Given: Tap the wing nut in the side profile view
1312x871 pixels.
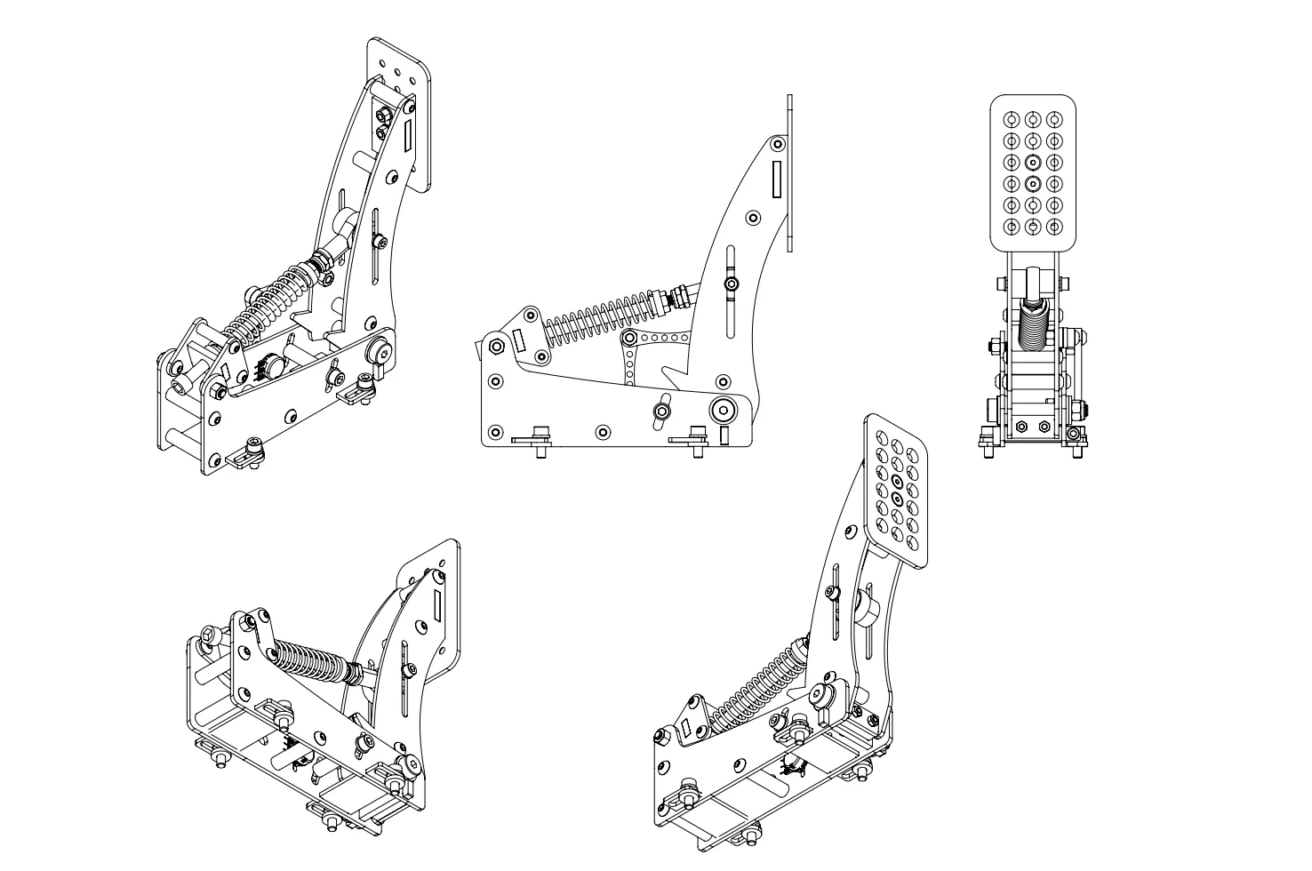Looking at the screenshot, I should pyautogui.click(x=661, y=411).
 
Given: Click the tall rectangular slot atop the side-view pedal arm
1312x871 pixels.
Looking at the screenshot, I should pyautogui.click(x=776, y=179).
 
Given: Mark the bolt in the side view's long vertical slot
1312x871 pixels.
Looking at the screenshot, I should pyautogui.click(x=731, y=284).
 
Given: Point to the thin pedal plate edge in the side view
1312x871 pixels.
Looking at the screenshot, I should pyautogui.click(x=789, y=173).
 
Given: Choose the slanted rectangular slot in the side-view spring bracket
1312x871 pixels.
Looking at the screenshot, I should pyautogui.click(x=521, y=340).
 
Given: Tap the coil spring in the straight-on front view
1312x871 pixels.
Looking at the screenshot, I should pyautogui.click(x=1033, y=325).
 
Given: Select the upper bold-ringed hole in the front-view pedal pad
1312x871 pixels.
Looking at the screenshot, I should pyautogui.click(x=1033, y=163).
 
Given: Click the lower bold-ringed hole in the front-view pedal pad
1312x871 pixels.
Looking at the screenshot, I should pyautogui.click(x=1033, y=184).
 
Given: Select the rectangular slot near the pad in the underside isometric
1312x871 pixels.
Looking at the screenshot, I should pyautogui.click(x=438, y=605).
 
